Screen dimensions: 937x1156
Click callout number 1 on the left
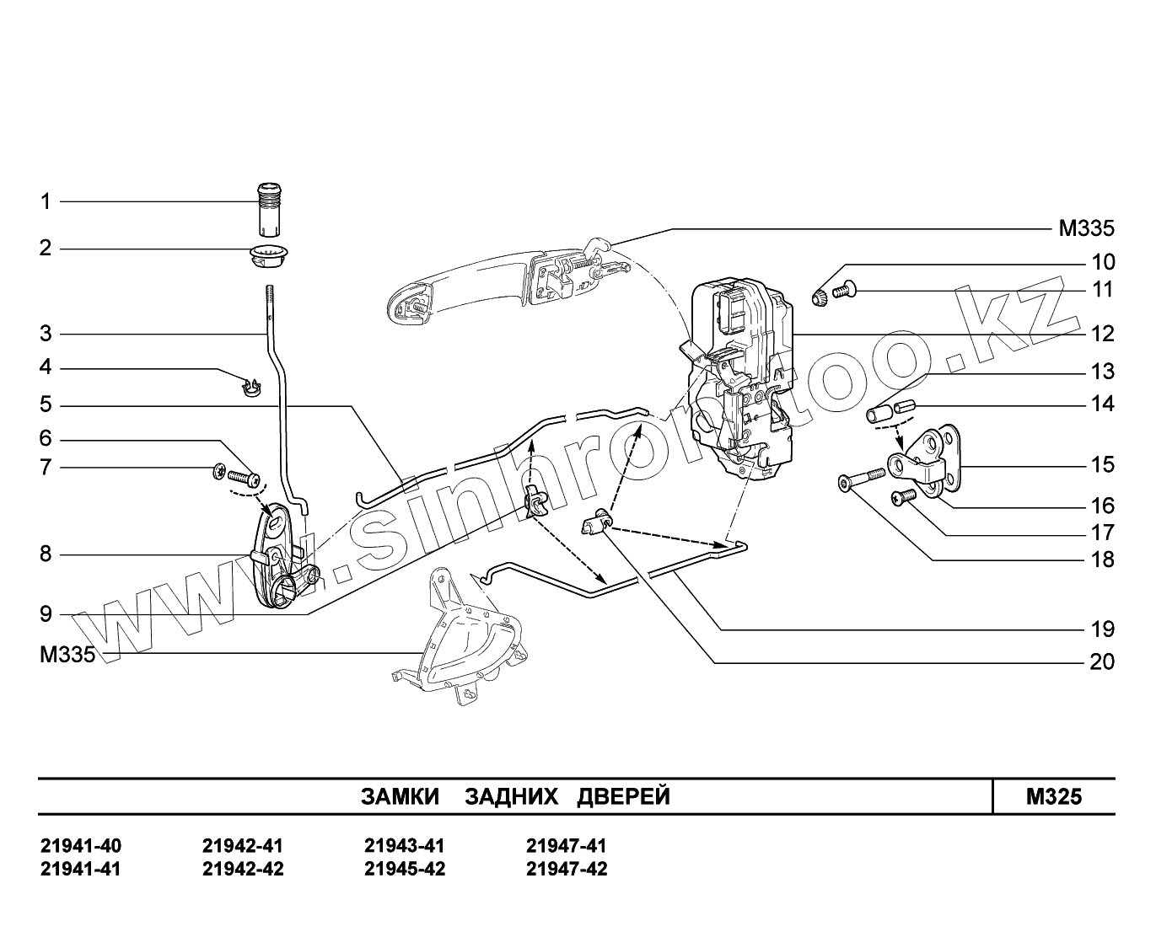46,201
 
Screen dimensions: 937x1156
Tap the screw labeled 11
844,292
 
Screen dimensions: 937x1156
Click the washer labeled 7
219,474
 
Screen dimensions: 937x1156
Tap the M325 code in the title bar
1053,797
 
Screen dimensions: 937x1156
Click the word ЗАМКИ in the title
400,797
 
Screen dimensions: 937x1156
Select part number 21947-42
566,870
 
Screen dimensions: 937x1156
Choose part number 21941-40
81,846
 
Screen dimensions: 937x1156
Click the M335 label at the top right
1086,228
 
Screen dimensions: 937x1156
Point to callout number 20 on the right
1101,661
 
